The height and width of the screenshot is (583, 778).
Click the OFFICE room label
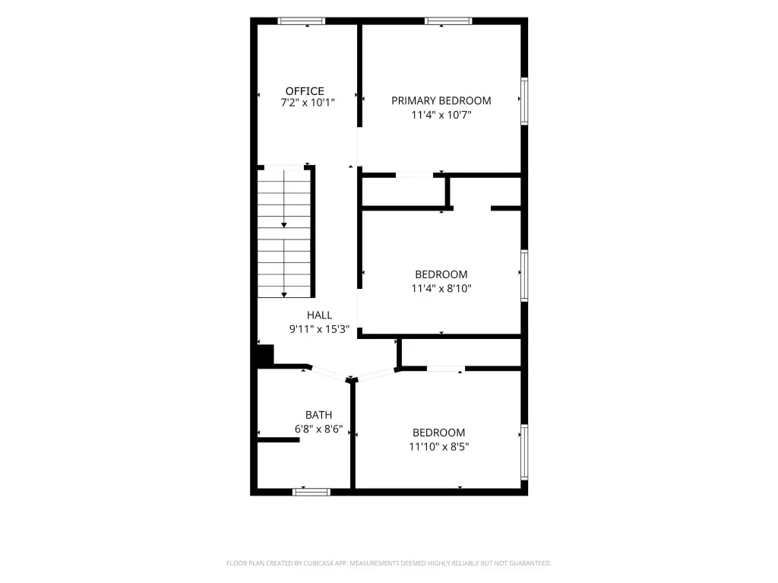click(x=305, y=91)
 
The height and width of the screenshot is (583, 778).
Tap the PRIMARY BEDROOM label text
click(x=441, y=101)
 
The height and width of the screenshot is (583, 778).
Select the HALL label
click(x=320, y=315)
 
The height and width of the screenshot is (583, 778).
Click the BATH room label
click(x=318, y=415)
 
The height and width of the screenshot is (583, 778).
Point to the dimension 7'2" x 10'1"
click(x=308, y=103)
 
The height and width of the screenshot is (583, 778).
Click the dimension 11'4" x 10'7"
click(x=441, y=115)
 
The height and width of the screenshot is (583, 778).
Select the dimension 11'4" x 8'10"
click(x=441, y=288)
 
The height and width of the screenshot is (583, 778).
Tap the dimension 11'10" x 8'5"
click(x=439, y=446)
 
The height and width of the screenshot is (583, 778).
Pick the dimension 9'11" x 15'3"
click(x=320, y=328)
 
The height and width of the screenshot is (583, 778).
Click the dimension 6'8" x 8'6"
click(x=318, y=429)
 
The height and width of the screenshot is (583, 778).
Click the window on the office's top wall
click(x=301, y=21)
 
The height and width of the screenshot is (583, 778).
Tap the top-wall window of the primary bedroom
click(x=448, y=21)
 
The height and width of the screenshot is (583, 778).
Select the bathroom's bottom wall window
click(x=311, y=492)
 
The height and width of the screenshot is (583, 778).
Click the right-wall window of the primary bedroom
click(x=524, y=101)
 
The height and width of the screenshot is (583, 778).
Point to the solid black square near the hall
click(x=265, y=355)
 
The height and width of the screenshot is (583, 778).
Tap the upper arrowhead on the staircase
click(x=284, y=226)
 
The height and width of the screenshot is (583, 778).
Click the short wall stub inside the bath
click(x=278, y=440)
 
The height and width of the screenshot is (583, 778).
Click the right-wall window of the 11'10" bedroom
click(x=524, y=452)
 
